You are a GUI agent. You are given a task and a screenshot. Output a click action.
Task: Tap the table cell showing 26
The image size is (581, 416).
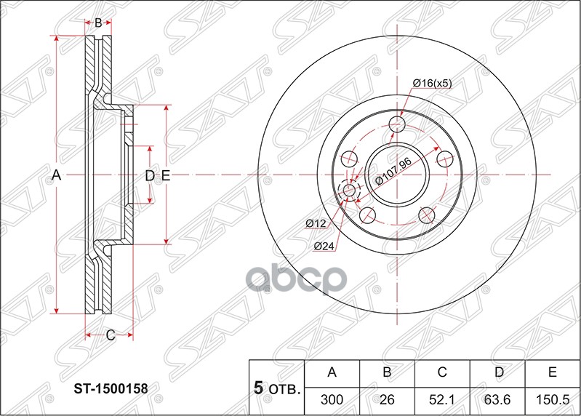pos(387,399)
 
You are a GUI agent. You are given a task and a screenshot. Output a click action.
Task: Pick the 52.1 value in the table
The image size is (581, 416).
pos(441,399)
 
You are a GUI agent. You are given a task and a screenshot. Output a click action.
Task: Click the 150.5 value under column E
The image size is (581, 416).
pos(552,399)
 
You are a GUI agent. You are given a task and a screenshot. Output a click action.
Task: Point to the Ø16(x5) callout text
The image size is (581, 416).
pos(432,84)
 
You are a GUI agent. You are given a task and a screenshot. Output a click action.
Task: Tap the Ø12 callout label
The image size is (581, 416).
pos(314,223)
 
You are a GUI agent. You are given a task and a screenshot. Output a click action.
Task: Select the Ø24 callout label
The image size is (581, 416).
pos(324,246)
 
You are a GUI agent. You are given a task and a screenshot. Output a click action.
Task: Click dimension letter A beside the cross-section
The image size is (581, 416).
pos(55,175)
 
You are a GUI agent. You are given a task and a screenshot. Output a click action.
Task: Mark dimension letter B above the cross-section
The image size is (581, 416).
pos(98,23)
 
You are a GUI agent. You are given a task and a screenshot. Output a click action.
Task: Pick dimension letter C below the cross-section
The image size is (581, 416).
pos(110,335)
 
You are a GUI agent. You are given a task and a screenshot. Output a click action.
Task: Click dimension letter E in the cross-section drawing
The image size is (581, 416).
pos(165,175)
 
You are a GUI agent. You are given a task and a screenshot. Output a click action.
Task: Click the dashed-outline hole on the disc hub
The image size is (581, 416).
pos(348,191)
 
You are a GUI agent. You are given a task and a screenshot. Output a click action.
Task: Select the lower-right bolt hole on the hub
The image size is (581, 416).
pos(426,214)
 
